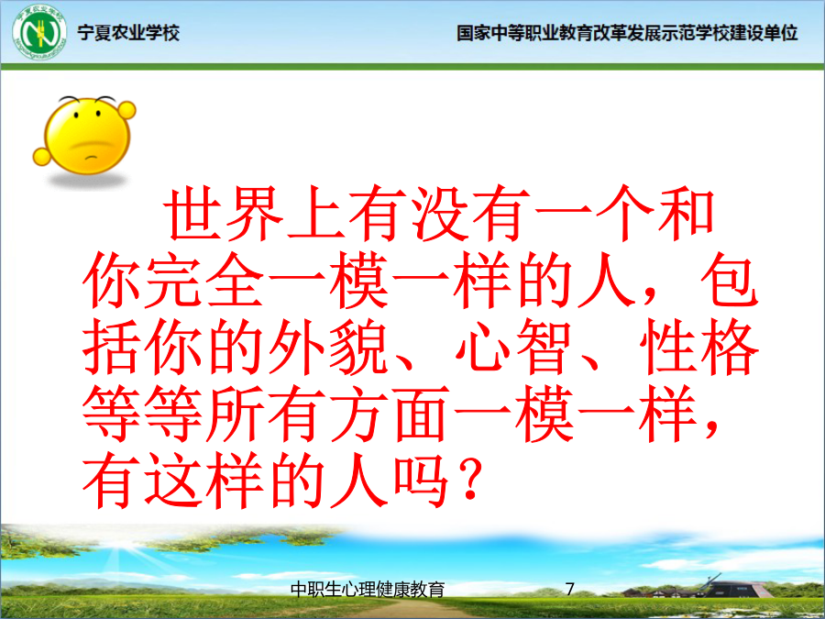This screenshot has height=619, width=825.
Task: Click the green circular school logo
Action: tap(39, 33)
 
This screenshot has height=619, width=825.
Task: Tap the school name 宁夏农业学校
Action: tap(128, 33)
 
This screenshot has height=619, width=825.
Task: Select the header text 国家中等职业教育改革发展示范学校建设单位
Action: tap(627, 33)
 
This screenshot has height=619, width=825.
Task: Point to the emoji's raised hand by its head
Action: tap(126, 110)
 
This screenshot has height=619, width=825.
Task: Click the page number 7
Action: tap(570, 589)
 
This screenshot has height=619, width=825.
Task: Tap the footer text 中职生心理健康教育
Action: tap(368, 589)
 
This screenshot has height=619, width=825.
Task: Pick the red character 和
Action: tap(685, 214)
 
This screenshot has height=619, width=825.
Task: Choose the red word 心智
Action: tap(513, 347)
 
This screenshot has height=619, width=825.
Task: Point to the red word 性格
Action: tap(698, 347)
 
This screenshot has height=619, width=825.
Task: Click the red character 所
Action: tap(235, 414)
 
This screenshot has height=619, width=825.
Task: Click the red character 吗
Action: tap(420, 480)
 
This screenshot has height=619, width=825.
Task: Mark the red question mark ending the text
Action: tap(468, 480)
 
